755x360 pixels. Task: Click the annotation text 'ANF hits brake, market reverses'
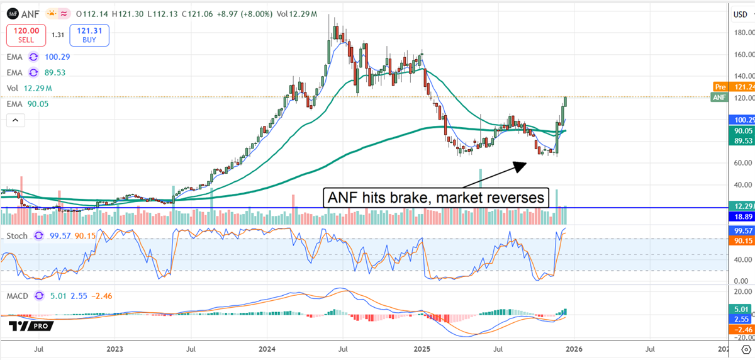[x=437, y=197]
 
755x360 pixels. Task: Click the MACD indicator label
[x=18, y=295]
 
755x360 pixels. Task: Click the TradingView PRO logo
[x=31, y=326]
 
